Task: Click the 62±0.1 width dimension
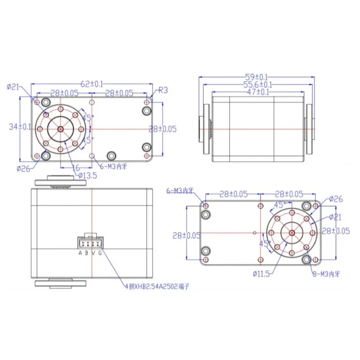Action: point(92,83)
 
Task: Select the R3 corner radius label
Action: point(163,90)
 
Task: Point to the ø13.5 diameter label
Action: point(87,175)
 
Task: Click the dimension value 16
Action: point(76,167)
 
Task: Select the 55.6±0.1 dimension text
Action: point(257,84)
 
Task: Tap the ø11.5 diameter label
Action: point(263,273)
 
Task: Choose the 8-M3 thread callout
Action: point(327,272)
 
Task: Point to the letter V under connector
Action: point(93,253)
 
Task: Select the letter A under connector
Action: point(80,253)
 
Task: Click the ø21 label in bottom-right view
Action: point(336,217)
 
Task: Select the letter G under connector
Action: point(100,253)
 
